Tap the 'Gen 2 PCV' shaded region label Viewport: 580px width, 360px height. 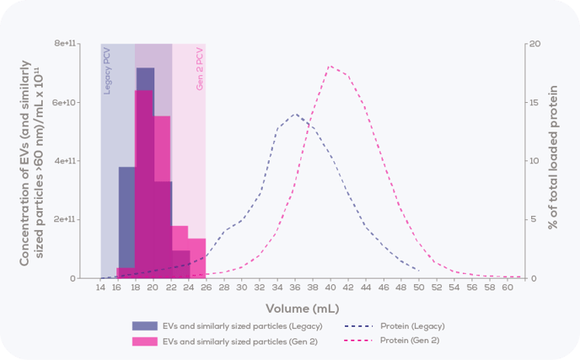pos(200,70)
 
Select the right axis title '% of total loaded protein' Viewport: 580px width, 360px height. pos(555,160)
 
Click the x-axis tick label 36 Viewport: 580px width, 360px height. pos(295,287)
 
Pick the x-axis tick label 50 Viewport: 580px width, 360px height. pos(420,287)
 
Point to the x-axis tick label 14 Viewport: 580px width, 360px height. pos(100,287)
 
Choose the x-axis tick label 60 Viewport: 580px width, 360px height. pos(508,287)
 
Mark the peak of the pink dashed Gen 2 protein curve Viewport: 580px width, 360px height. pos(330,66)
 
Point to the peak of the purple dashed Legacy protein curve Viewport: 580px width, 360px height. pos(295,114)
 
